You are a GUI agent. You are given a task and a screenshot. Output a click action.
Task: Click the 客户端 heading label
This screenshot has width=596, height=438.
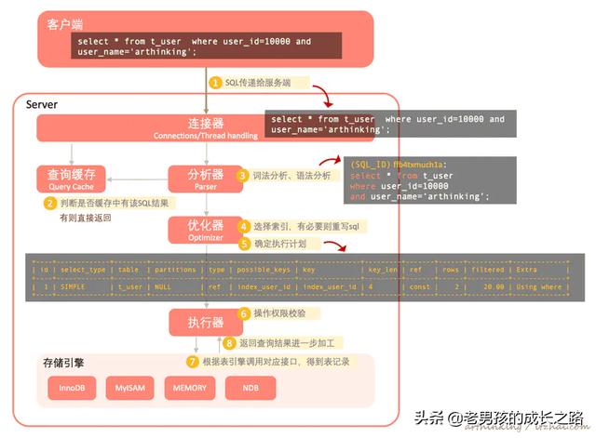click(65, 22)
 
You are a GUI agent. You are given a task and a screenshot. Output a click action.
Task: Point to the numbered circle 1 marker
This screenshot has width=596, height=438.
click(215, 83)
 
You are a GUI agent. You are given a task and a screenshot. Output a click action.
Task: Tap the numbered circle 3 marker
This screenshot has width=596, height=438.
click(242, 175)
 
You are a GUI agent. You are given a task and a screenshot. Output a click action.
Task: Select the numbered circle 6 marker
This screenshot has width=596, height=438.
click(244, 313)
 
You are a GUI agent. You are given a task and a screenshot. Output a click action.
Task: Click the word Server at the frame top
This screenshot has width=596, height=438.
click(42, 105)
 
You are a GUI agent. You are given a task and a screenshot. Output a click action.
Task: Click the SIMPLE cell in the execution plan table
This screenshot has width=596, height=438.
click(73, 286)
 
